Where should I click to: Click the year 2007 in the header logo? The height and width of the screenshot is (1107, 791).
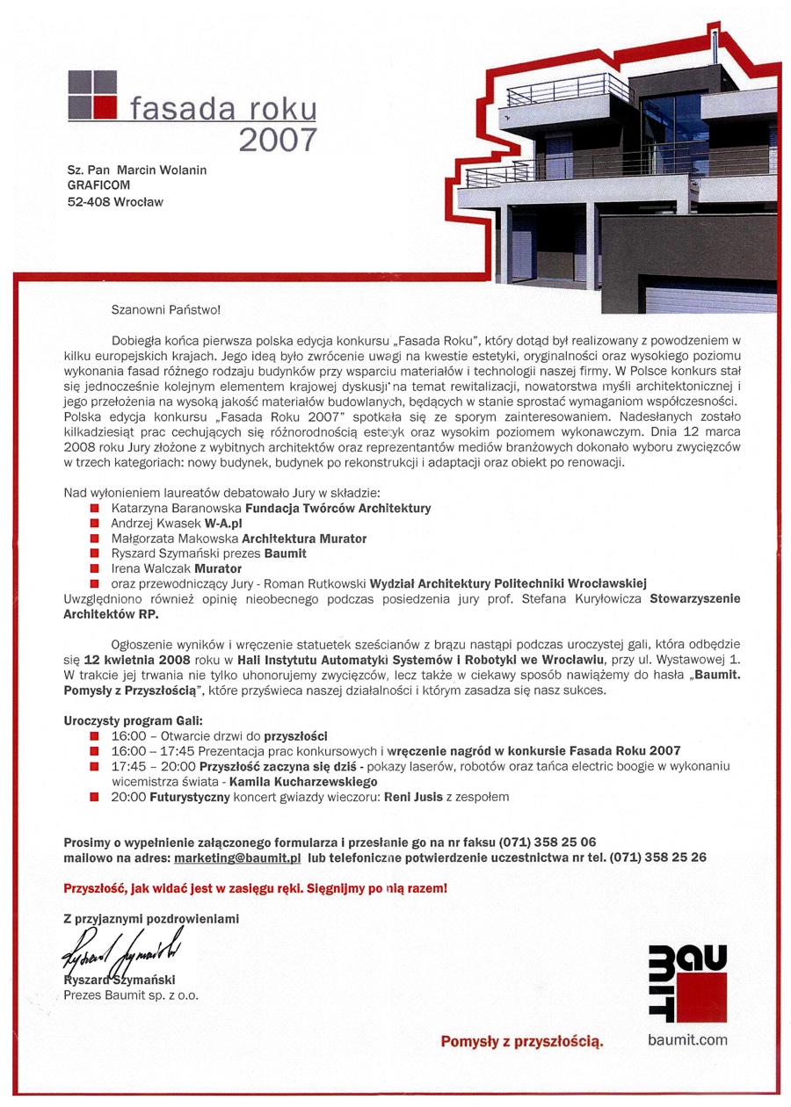[277, 139]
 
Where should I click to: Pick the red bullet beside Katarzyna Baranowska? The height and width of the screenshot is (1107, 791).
[95, 508]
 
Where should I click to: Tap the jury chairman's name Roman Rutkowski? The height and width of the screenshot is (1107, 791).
[323, 583]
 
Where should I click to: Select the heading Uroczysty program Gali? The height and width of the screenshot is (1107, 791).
[133, 720]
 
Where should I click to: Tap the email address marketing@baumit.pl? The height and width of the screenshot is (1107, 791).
[238, 856]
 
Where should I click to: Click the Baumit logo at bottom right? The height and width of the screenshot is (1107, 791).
[686, 983]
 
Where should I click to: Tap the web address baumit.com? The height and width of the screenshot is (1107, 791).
[688, 1040]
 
